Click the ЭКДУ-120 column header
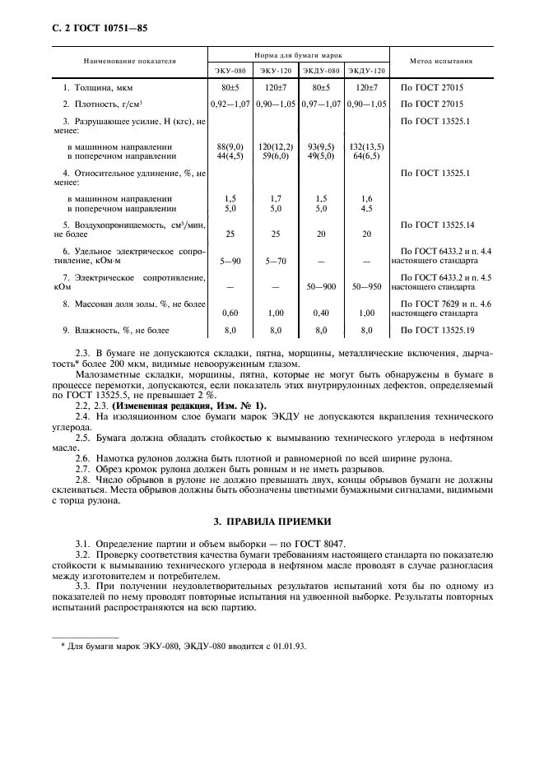pos(367,71)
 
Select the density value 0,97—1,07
pos(322,104)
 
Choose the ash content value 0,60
pos(230,313)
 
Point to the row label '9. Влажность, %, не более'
pos(116,331)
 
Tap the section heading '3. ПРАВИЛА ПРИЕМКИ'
pos(272,522)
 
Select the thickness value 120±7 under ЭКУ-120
pos(276,86)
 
